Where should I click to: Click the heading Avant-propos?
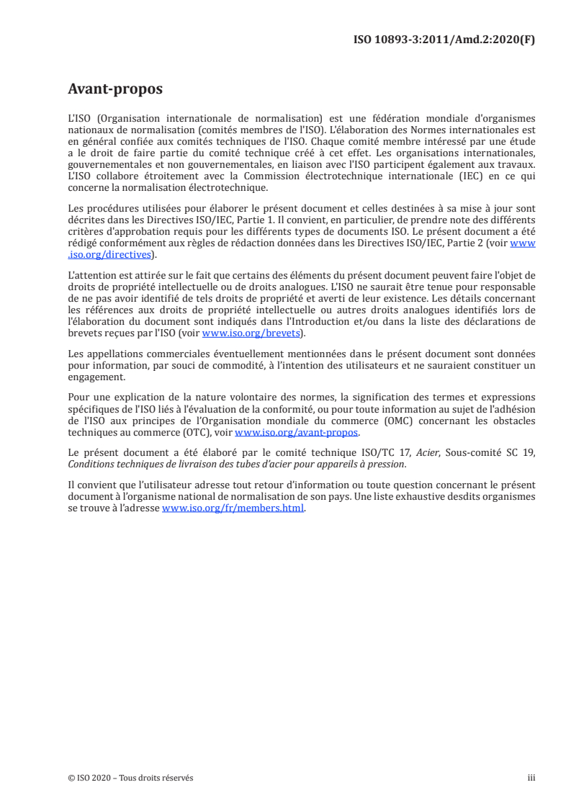tap(114, 89)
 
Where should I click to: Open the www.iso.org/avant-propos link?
tap(297, 433)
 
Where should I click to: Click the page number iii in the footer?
tap(531, 778)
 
